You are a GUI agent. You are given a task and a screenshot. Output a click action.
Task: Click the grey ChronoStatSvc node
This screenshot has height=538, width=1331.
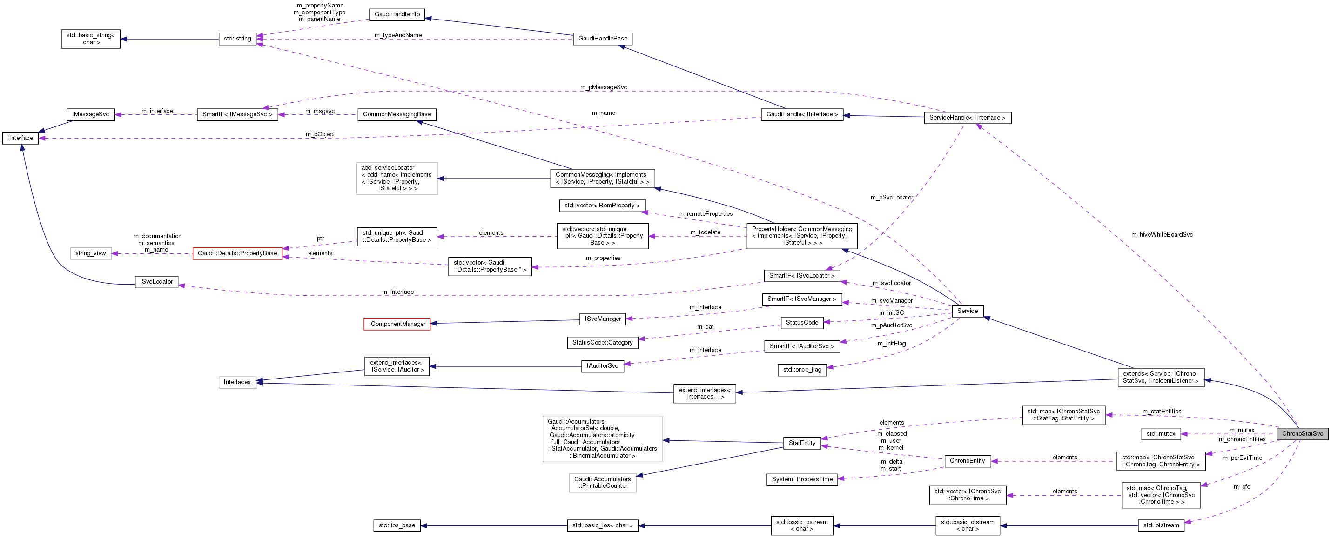[1302, 434]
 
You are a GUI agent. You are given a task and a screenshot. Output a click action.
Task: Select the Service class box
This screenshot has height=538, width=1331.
[967, 311]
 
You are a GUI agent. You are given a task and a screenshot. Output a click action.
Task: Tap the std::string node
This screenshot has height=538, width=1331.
[237, 39]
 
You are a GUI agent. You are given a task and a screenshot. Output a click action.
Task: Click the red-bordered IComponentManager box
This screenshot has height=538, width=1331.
[397, 324]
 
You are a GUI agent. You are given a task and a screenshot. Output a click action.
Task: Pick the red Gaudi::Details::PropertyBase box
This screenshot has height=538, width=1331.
[237, 253]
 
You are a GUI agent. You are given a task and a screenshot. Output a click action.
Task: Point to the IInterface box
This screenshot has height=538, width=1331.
[20, 138]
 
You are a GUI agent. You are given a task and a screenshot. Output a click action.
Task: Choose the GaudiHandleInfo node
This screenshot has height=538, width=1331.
[397, 14]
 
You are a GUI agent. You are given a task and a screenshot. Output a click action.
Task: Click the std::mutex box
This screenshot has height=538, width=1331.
[1161, 434]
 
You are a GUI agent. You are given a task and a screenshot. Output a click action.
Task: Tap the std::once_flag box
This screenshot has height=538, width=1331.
[802, 370]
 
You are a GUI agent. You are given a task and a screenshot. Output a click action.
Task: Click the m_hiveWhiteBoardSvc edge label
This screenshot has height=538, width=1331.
[1162, 235]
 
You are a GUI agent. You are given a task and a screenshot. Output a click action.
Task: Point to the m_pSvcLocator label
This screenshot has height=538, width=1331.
[891, 198]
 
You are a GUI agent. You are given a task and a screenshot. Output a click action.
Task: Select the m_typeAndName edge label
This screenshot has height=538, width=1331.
[398, 35]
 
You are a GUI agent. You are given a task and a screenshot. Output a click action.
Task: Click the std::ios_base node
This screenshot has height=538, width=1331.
[397, 525]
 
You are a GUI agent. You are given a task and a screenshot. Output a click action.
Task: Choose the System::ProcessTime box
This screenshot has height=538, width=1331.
[802, 480]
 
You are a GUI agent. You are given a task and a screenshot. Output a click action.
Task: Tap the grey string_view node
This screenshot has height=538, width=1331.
[90, 253]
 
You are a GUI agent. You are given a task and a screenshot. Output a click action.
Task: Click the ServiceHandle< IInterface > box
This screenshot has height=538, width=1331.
[967, 118]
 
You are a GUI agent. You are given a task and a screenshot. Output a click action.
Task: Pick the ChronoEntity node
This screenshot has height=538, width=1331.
[967, 460]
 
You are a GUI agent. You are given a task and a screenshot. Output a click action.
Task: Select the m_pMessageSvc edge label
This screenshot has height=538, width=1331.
[603, 87]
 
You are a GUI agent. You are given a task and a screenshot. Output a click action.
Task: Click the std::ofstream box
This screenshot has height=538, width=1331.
[1161, 525]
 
